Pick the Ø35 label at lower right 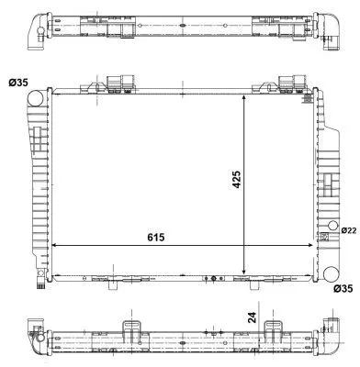point(342,289)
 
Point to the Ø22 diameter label point(348,229)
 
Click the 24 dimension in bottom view point(252,318)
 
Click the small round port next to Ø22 point(332,229)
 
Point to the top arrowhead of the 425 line point(243,96)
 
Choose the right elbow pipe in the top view point(327,28)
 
